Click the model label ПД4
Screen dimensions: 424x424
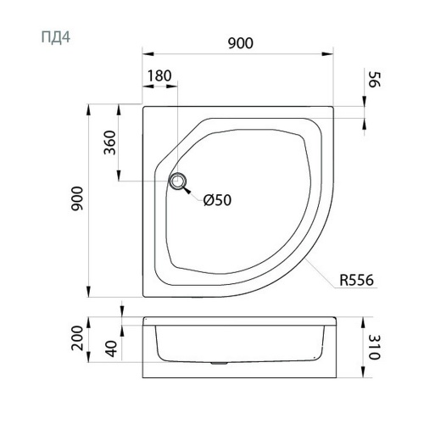[x=56, y=37]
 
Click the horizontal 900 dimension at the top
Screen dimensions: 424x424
[x=241, y=43]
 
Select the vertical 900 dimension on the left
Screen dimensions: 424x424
[x=77, y=198]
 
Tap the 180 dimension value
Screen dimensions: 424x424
[x=159, y=75]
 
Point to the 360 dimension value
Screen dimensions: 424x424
[x=110, y=142]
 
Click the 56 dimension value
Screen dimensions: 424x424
[x=376, y=80]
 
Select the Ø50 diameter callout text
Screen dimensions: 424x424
[x=217, y=200]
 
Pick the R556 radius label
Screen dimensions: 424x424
[x=356, y=280]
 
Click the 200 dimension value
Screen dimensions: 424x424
[x=77, y=338]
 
